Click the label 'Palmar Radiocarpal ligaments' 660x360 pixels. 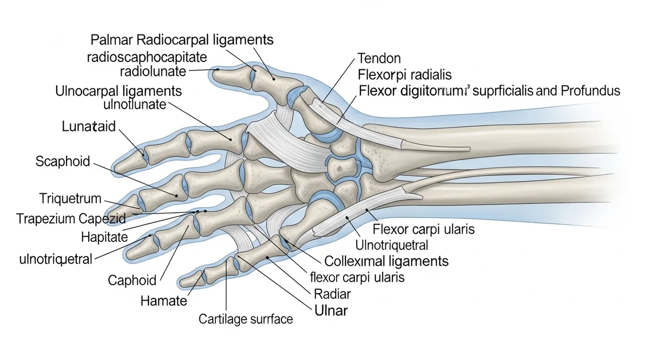(x=182, y=40)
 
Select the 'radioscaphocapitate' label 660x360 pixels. (x=147, y=56)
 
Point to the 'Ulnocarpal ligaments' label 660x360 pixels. (x=118, y=91)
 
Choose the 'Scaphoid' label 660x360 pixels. (x=62, y=161)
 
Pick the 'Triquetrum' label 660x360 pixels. (x=70, y=198)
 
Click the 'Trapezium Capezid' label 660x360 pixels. (x=71, y=218)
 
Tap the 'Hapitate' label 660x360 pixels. (x=104, y=237)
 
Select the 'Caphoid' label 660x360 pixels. (x=131, y=280)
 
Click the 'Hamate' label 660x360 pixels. (x=164, y=300)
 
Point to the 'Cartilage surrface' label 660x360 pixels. (x=245, y=319)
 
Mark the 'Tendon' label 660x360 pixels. (x=378, y=58)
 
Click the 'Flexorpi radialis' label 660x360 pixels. (x=404, y=75)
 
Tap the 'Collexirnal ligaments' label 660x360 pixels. (x=386, y=261)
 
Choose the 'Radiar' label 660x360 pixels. (x=332, y=294)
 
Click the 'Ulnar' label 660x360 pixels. (x=331, y=310)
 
